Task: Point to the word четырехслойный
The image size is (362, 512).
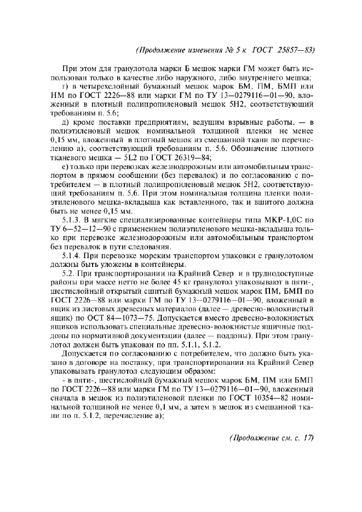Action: tap(109, 87)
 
